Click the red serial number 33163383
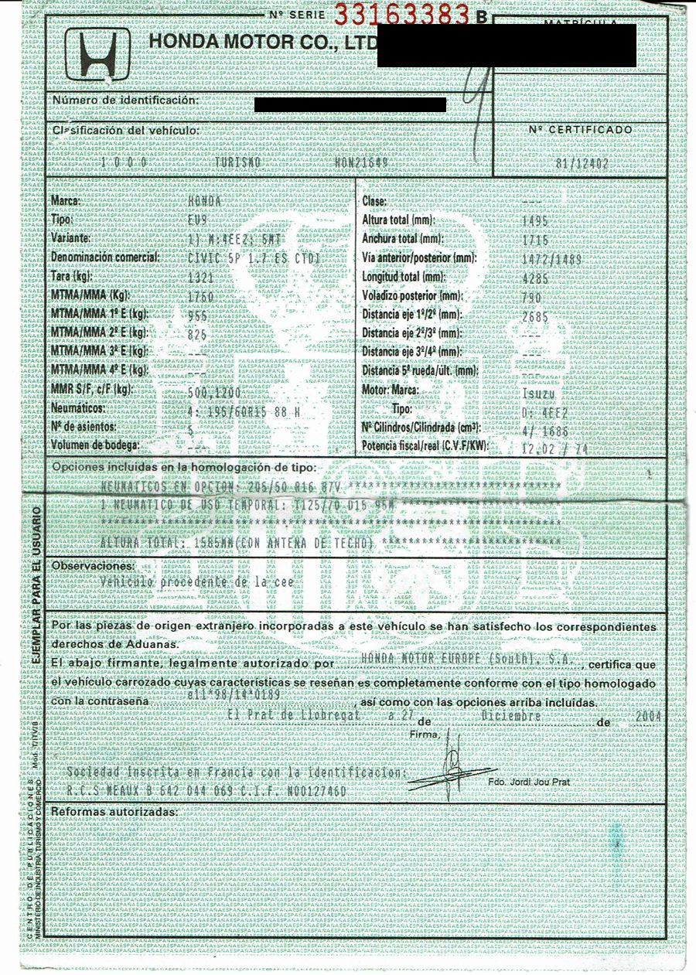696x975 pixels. [402, 13]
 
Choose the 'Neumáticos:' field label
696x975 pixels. [78, 408]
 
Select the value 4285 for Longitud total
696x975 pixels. [535, 277]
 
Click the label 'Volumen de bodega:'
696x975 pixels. [95, 445]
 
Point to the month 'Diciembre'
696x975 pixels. [510, 717]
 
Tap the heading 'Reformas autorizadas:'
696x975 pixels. [114, 813]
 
